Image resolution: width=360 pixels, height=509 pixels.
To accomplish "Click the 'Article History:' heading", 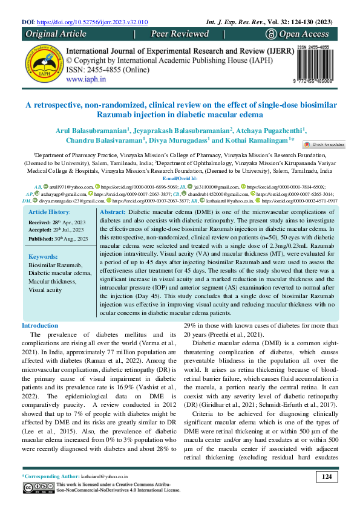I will pos(50,213).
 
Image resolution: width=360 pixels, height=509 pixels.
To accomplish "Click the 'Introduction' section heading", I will pos(40,326).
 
